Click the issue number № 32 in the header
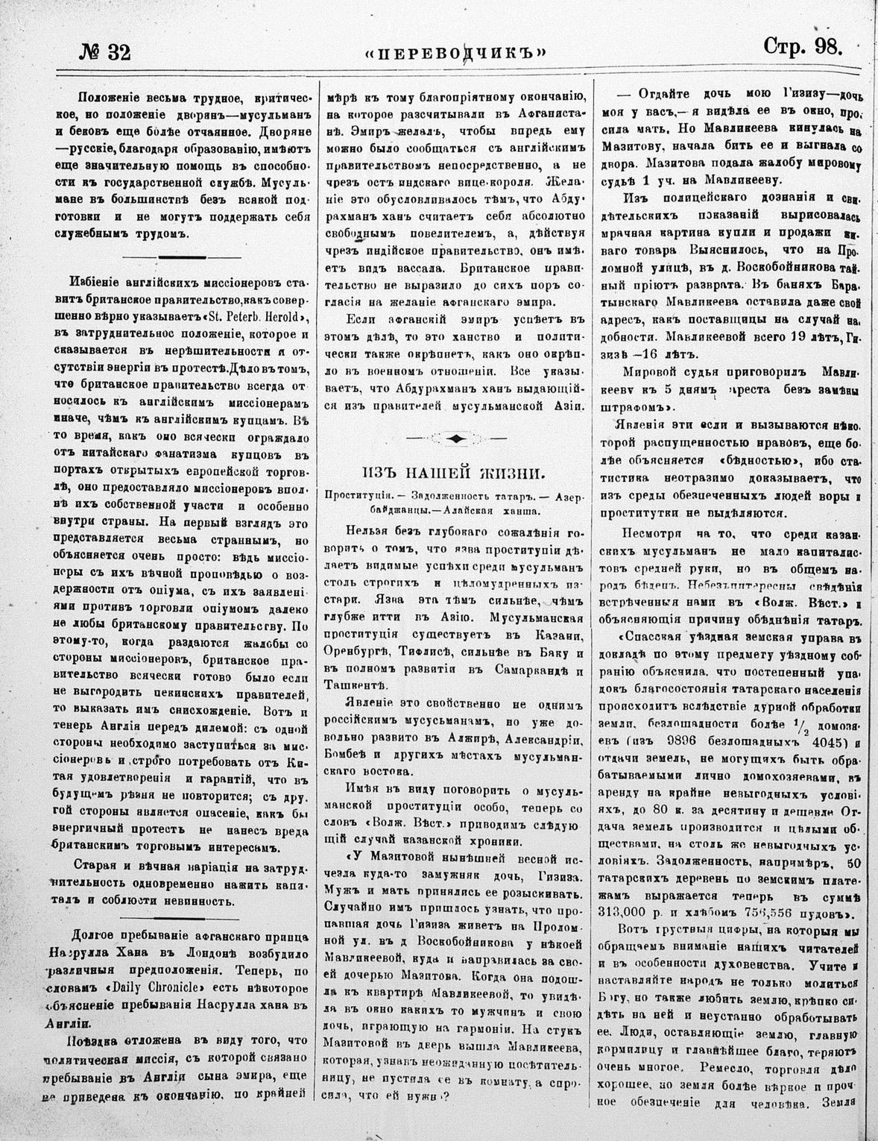tap(104, 51)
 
